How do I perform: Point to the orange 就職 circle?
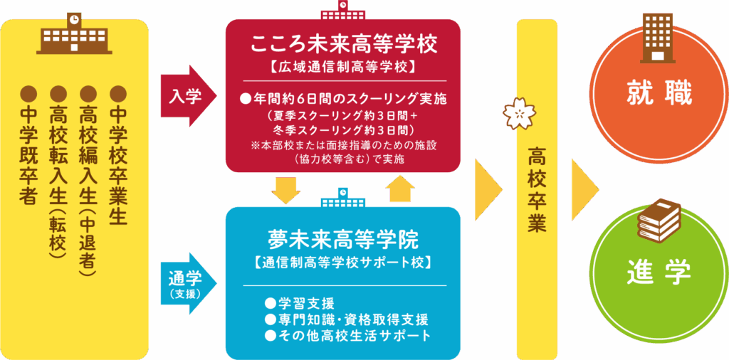click(659, 94)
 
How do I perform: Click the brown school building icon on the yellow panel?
click(74, 36)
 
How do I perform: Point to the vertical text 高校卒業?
click(537, 189)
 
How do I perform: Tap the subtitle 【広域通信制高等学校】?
click(343, 68)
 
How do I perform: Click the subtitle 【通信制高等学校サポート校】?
click(343, 262)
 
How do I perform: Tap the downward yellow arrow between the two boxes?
click(285, 189)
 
